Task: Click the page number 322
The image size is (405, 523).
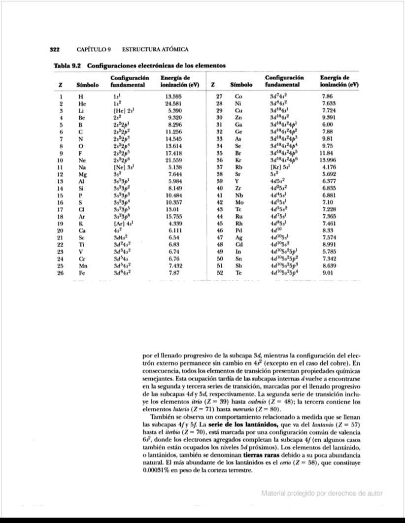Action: [55, 50]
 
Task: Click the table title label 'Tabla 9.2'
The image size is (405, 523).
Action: [67, 65]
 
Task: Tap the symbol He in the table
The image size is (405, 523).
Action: [82, 104]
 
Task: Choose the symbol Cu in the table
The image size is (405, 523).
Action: [239, 111]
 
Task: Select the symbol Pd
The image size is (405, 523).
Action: [239, 230]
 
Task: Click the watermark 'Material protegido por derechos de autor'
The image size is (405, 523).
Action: [322, 493]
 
